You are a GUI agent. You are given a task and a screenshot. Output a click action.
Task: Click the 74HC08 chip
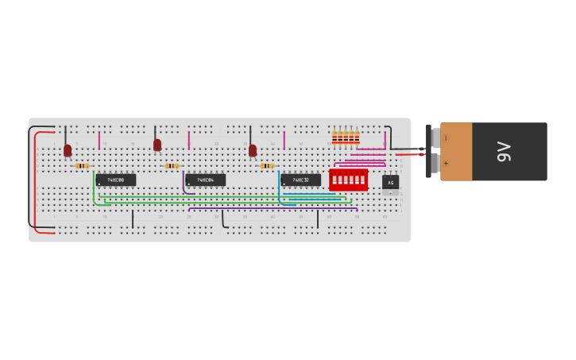(115, 180)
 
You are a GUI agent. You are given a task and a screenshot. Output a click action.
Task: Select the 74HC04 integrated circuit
(205, 180)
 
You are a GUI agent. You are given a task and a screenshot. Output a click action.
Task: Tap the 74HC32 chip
(300, 180)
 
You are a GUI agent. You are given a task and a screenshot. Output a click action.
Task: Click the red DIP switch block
(348, 180)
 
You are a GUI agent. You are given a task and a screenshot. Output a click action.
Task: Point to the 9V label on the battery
(502, 151)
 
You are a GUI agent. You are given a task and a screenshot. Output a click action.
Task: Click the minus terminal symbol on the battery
(446, 138)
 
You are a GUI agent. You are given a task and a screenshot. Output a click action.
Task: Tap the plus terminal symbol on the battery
(446, 164)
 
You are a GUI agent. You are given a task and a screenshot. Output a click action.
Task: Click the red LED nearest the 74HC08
(68, 149)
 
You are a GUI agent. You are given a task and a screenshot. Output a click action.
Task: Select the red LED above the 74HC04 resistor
(157, 145)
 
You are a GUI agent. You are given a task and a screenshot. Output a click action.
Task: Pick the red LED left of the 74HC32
(253, 149)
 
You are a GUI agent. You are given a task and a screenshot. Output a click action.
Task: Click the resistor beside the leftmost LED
(82, 166)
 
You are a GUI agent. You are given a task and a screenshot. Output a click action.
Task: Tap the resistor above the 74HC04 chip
(172, 166)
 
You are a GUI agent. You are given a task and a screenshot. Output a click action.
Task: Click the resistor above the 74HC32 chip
(267, 166)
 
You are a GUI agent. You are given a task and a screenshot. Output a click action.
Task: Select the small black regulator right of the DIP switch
(390, 182)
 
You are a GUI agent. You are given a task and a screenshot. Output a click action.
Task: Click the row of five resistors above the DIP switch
(346, 138)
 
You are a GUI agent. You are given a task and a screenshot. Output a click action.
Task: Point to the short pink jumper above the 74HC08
(99, 141)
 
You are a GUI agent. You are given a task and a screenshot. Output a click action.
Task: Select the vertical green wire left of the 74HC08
(94, 187)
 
